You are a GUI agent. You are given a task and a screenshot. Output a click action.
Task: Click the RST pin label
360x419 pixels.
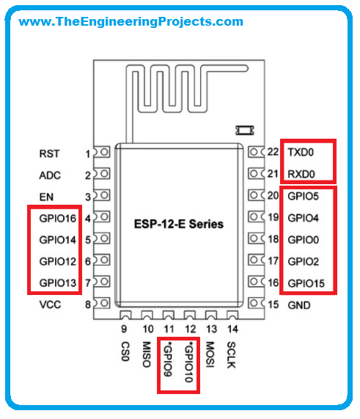click(49, 153)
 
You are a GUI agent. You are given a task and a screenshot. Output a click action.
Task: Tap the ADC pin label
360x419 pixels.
click(50, 175)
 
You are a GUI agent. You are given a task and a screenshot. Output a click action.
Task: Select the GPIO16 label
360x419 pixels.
click(58, 219)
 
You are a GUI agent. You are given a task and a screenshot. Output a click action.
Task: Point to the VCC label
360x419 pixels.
click(50, 305)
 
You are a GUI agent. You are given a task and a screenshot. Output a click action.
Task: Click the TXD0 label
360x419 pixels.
click(301, 153)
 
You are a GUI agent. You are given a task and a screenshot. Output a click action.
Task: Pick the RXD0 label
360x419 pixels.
click(301, 174)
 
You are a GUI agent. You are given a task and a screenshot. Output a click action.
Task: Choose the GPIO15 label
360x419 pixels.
click(306, 283)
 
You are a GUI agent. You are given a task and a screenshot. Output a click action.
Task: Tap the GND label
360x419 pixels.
click(299, 305)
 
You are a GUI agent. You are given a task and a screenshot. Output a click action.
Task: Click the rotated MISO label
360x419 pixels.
click(147, 354)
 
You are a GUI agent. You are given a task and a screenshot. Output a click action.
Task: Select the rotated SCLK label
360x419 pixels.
click(231, 355)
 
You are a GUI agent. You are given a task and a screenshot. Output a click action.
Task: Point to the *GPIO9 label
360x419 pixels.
click(167, 359)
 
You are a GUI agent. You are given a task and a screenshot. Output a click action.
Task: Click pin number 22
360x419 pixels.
click(273, 152)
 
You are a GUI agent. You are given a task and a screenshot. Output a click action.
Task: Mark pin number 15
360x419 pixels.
click(273, 305)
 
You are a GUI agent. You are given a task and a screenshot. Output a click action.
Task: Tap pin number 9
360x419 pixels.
click(124, 329)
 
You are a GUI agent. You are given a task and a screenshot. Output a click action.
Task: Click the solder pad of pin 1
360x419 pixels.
click(102, 153)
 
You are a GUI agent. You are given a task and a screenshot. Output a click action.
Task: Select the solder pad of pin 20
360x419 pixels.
click(256, 195)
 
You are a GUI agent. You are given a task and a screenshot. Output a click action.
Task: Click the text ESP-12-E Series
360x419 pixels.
click(179, 224)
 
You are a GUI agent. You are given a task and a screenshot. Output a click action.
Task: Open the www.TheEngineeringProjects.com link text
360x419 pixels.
click(131, 21)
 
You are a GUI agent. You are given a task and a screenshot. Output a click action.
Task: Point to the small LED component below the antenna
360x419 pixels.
click(245, 131)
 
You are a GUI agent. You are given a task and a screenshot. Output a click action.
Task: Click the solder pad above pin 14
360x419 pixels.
click(232, 315)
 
